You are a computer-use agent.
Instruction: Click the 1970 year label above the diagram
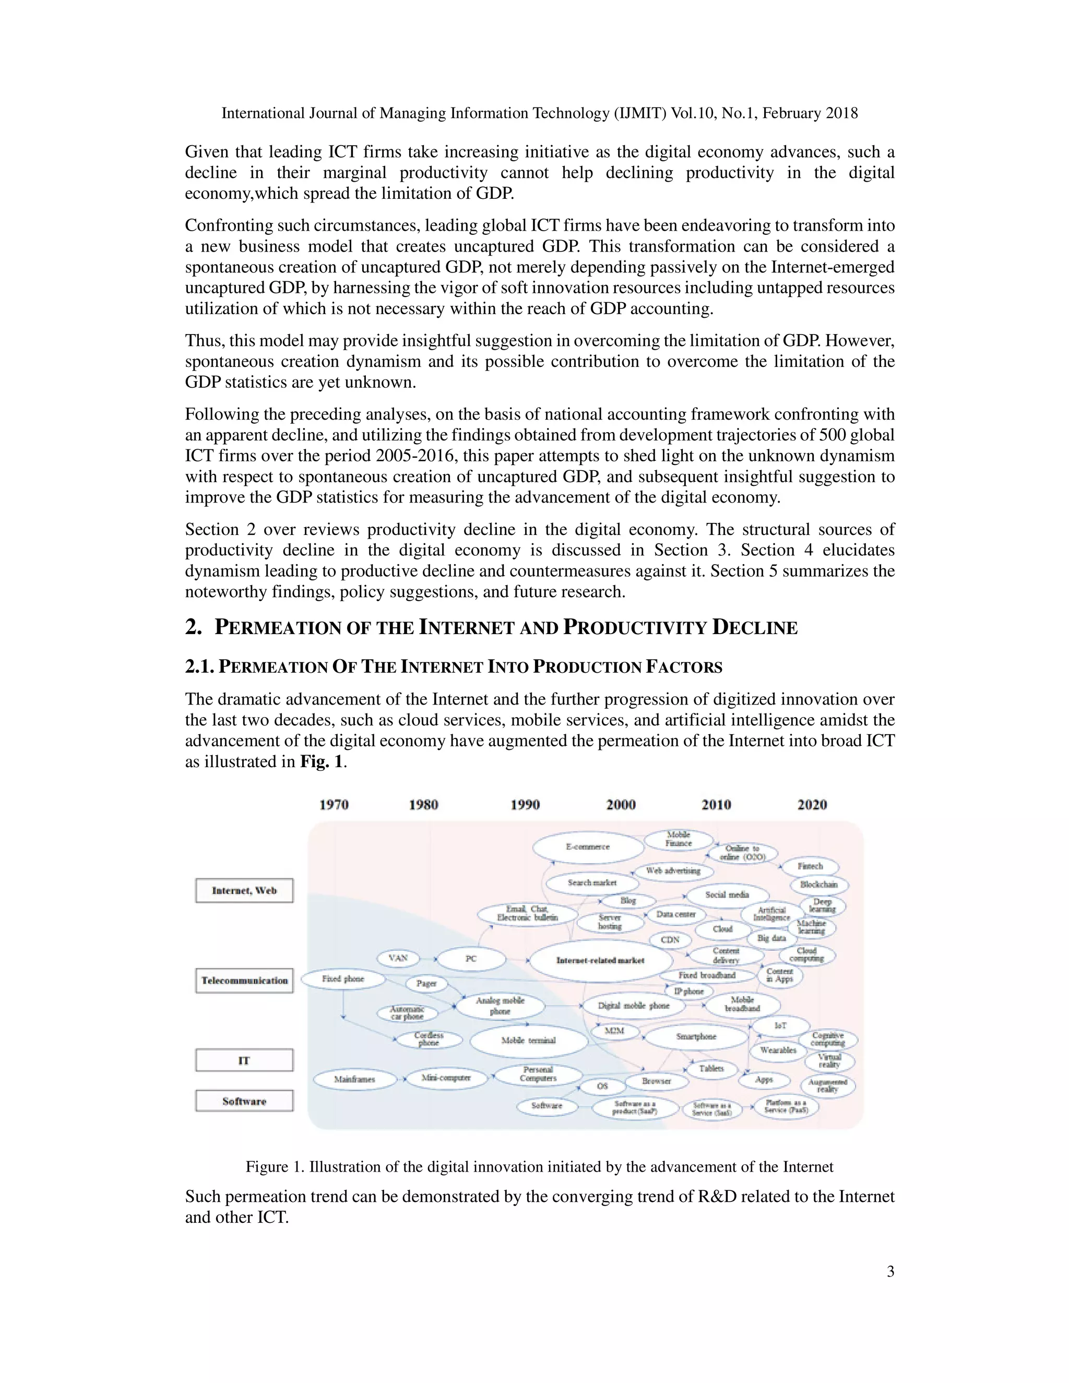tap(334, 804)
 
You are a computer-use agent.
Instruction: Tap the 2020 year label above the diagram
tap(812, 804)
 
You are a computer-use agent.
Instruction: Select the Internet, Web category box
tap(244, 890)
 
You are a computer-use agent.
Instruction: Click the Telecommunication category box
tap(244, 980)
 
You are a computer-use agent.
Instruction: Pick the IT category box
tap(244, 1060)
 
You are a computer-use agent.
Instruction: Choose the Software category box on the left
tap(244, 1101)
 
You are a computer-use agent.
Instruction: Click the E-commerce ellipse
tap(588, 847)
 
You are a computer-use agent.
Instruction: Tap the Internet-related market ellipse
tap(600, 961)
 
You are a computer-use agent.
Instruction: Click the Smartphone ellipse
tap(696, 1036)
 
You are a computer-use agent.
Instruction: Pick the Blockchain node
tap(819, 885)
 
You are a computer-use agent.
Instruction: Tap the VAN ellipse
tap(398, 958)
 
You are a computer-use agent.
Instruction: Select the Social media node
tap(727, 895)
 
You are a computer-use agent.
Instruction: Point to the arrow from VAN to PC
tap(428, 959)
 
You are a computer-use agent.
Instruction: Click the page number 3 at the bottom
tap(890, 1271)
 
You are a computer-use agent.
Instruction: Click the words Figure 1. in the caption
tap(276, 1166)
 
